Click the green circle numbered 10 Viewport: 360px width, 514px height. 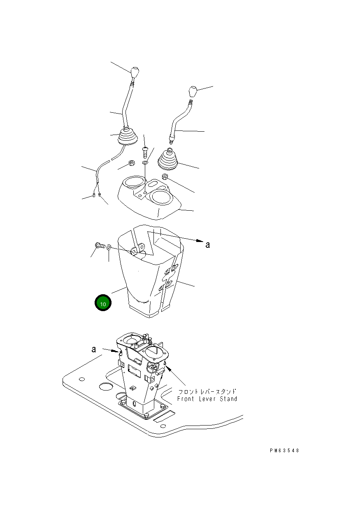pos(103,303)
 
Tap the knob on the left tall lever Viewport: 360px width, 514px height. pos(135,72)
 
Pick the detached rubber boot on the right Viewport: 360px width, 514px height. pos(168,160)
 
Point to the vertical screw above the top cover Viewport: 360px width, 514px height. pos(145,152)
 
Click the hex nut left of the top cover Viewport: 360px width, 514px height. pos(132,163)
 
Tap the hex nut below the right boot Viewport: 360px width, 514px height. pos(165,177)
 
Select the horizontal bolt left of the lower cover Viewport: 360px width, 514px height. pos(100,246)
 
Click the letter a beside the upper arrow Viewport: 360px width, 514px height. pos(208,245)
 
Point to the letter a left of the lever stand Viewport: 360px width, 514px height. pos(94,349)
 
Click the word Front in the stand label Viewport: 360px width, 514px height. pos(186,399)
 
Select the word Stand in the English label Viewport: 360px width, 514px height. pos(228,399)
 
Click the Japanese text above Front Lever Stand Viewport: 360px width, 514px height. pos(207,391)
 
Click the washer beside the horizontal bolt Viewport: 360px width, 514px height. pos(109,247)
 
